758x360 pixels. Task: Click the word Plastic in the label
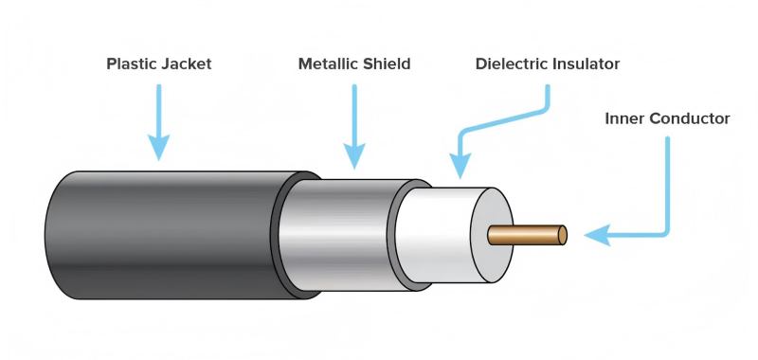click(x=131, y=64)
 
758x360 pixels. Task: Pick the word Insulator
click(x=587, y=64)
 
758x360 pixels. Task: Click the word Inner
click(x=625, y=119)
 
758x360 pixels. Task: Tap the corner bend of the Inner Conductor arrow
click(x=666, y=232)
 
